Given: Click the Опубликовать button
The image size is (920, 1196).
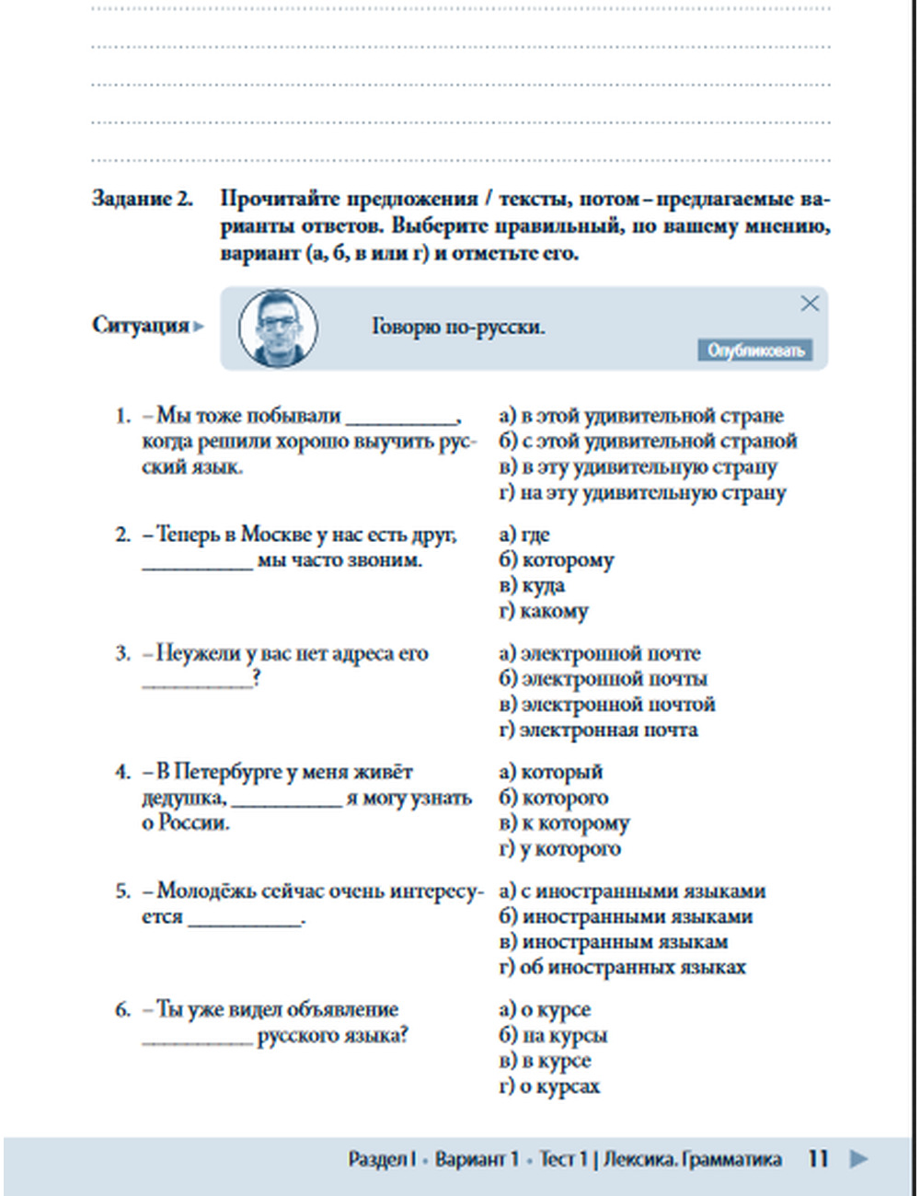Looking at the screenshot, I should pyautogui.click(x=754, y=350).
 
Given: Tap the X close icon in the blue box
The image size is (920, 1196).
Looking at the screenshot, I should pyautogui.click(x=810, y=304).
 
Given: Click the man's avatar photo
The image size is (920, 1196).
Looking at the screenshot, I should pyautogui.click(x=278, y=328).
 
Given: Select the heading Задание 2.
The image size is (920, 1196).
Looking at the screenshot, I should pyautogui.click(x=143, y=199).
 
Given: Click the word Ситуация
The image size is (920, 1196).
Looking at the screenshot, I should pyautogui.click(x=140, y=325).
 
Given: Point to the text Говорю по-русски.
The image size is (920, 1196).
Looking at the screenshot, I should pyautogui.click(x=458, y=327).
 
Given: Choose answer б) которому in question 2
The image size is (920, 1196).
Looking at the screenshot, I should pyautogui.click(x=557, y=560).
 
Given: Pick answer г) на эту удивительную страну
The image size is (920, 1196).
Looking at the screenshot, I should pyautogui.click(x=642, y=493).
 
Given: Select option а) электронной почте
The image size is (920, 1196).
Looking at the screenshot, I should pyautogui.click(x=600, y=653).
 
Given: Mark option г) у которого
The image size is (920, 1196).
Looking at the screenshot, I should pyautogui.click(x=559, y=848).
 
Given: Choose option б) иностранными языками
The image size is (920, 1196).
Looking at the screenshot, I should pyautogui.click(x=626, y=916).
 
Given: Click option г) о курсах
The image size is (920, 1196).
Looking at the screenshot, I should pyautogui.click(x=549, y=1087).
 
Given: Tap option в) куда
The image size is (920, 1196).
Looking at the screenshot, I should pyautogui.click(x=532, y=586).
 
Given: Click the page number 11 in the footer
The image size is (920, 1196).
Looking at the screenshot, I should pyautogui.click(x=818, y=1158).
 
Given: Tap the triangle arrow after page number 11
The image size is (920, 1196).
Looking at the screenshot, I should pyautogui.click(x=858, y=1158).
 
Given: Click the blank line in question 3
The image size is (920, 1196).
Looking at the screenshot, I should pyautogui.click(x=197, y=681).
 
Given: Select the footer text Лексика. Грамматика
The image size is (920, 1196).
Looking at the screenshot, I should pyautogui.click(x=693, y=1159).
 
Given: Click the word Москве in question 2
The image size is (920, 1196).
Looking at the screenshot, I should pyautogui.click(x=277, y=535).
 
